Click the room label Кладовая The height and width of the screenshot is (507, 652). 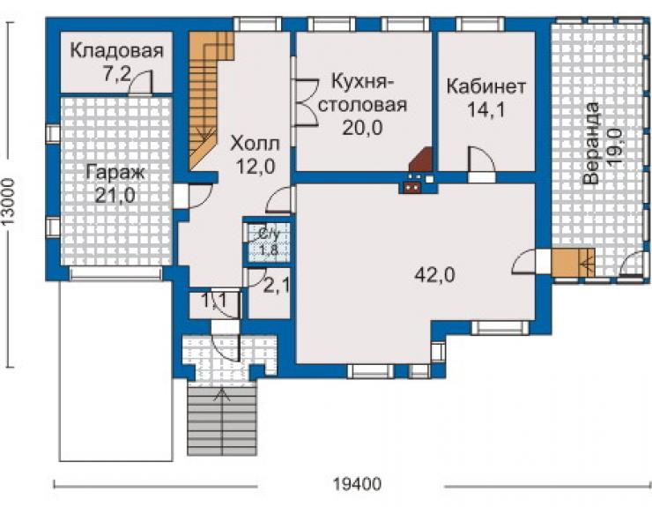[x=117, y=51]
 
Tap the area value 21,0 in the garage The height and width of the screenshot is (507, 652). [x=115, y=195]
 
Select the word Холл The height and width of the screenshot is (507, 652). [x=256, y=144]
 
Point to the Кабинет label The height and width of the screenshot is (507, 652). [x=486, y=86]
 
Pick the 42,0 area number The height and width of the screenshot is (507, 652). [x=435, y=275]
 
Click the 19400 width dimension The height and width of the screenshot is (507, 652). [x=357, y=485]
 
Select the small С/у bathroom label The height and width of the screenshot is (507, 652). [x=269, y=234]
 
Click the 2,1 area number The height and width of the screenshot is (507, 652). [x=277, y=287]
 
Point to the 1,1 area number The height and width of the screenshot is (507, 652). [x=215, y=300]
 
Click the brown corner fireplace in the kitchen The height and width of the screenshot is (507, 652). [x=420, y=160]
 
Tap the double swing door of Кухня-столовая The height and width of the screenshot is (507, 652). [x=307, y=102]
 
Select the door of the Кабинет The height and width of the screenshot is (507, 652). [x=482, y=160]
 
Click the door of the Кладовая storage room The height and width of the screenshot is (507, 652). [x=140, y=82]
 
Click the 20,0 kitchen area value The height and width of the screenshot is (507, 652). [x=363, y=128]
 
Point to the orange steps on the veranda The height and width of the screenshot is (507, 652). [x=574, y=262]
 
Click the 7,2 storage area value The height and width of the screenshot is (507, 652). [x=116, y=74]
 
